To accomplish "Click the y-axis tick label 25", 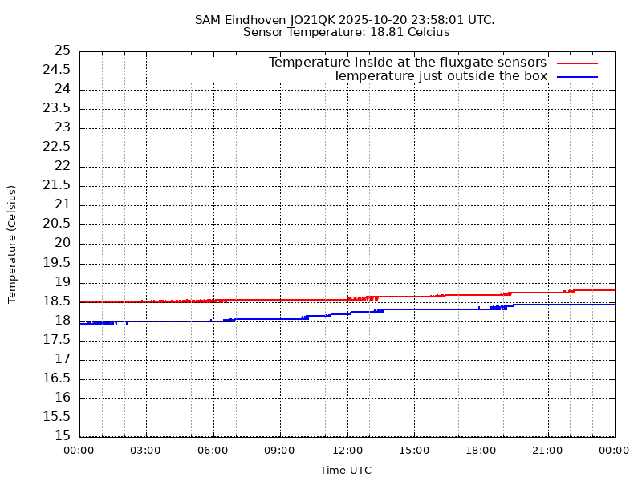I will [63, 51].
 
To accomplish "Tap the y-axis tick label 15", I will [63, 437].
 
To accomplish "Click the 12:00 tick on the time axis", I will [347, 451].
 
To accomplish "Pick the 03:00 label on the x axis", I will [146, 451].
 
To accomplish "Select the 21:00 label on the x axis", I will [548, 451].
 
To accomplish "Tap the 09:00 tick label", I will [280, 451].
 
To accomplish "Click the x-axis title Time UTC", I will [346, 471].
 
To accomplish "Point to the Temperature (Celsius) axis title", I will [12, 244].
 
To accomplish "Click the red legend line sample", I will [578, 63].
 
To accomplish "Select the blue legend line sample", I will [578, 77].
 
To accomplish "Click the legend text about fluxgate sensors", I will [408, 63].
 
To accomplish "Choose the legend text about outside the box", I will [440, 77].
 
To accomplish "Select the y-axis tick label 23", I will [63, 128].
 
